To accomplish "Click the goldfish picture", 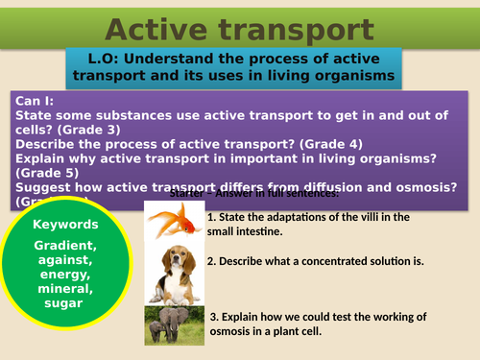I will point(174,227).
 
